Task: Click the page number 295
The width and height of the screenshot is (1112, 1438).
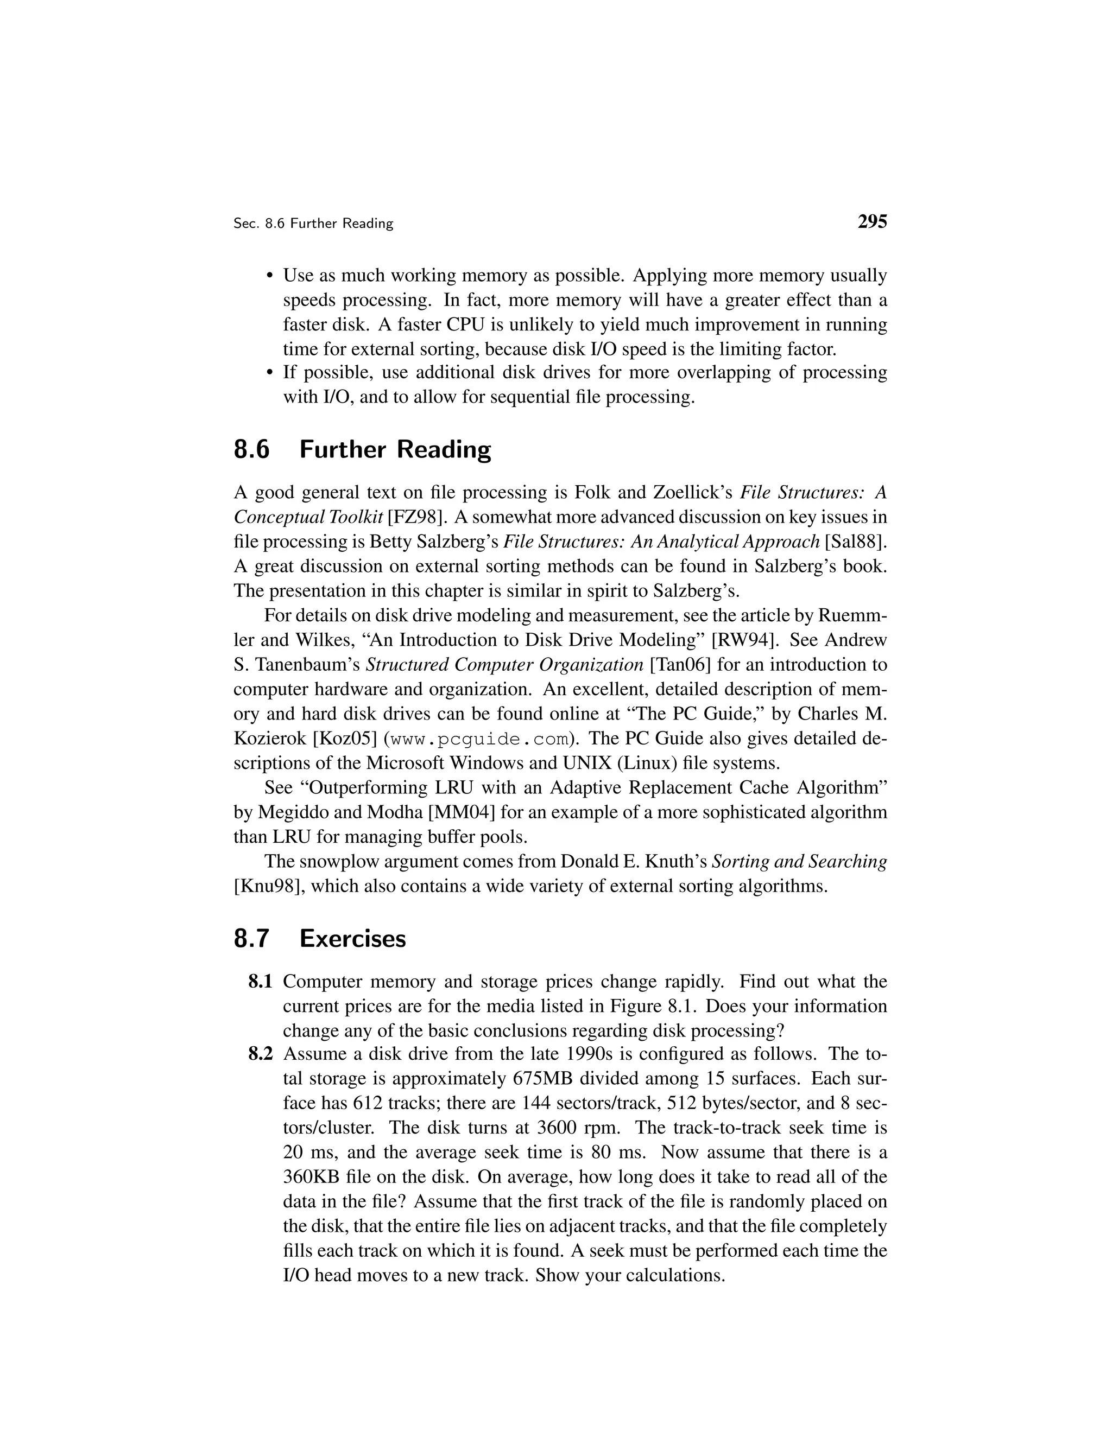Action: coord(872,221)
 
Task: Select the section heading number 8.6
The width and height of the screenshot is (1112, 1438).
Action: coord(251,450)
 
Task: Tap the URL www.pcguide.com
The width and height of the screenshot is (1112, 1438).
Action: coord(479,740)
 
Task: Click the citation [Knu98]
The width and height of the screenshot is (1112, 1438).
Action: coord(269,886)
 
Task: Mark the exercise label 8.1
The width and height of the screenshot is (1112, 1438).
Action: coord(260,982)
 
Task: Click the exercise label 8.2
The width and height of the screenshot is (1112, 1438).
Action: coord(260,1054)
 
